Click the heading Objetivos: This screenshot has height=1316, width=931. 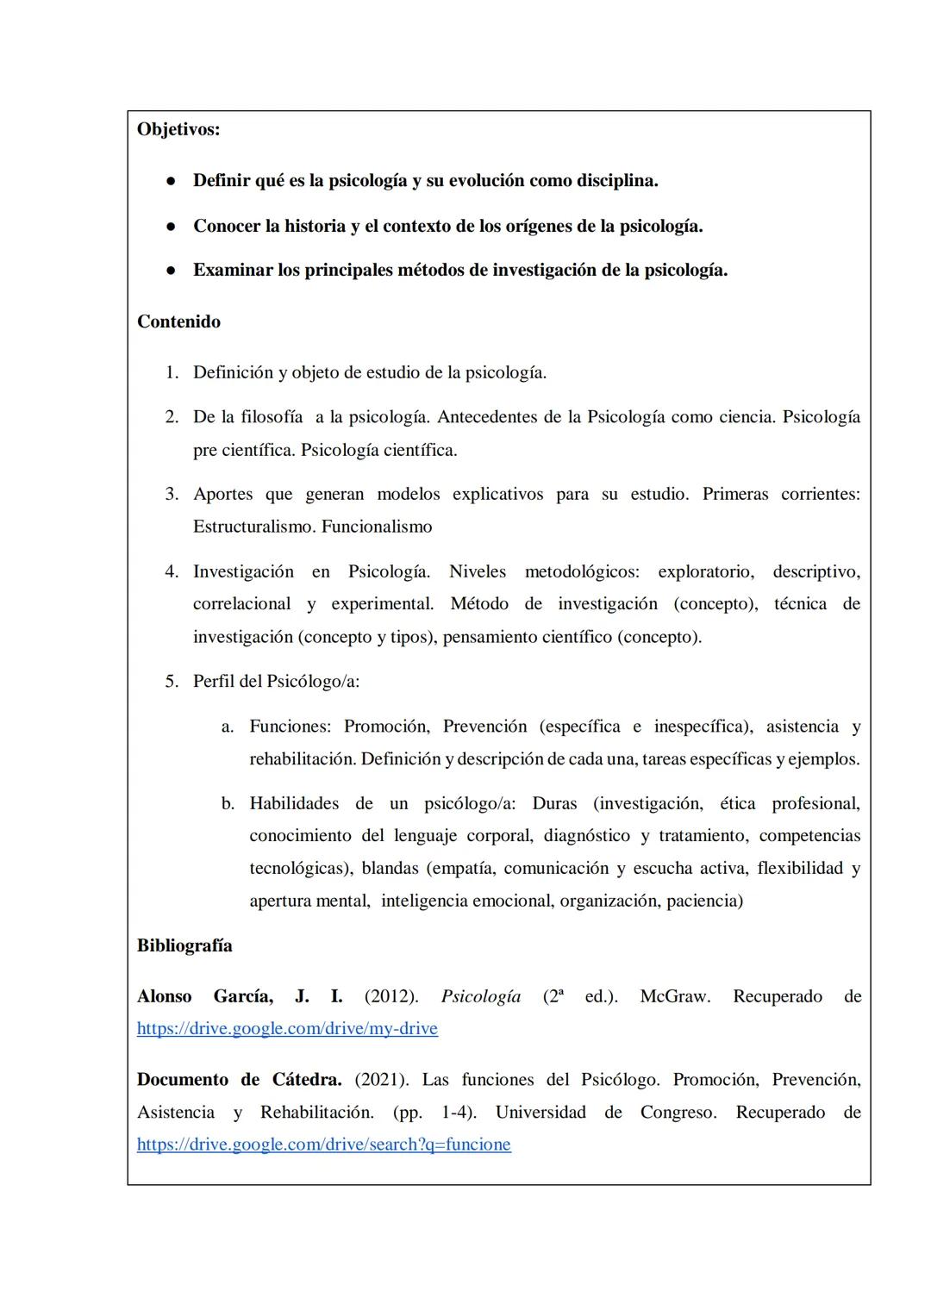point(178,129)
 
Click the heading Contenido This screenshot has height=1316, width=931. point(178,321)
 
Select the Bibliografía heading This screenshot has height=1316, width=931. point(184,945)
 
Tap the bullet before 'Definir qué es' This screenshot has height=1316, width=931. point(172,181)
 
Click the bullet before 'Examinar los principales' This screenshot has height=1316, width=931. point(172,271)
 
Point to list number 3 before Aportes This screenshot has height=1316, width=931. point(172,494)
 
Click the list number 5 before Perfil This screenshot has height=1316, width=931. point(172,681)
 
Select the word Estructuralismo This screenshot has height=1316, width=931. point(253,527)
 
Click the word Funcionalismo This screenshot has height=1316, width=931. point(377,527)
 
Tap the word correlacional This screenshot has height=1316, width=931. point(241,604)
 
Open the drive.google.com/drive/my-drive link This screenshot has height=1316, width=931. point(287,1028)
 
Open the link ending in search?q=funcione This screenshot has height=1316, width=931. point(323,1144)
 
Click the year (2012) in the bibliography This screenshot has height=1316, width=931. point(391,996)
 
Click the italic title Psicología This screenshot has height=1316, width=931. point(480,996)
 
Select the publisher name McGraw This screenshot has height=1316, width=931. point(674,996)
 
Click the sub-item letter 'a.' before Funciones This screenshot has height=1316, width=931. point(228,727)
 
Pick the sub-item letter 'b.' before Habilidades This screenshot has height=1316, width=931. point(228,804)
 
